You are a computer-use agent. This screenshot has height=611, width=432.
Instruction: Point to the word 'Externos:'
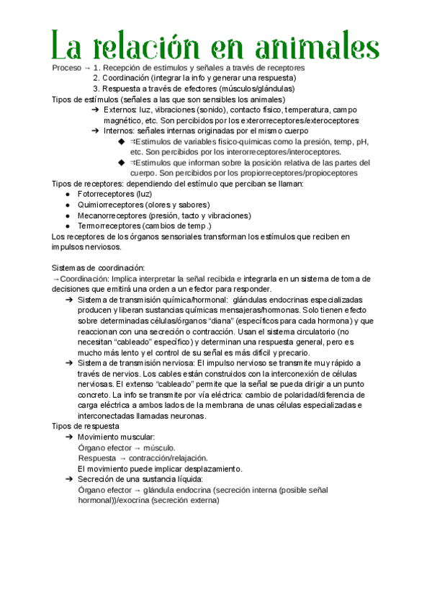(121, 110)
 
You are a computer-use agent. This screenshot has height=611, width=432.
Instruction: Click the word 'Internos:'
(120, 131)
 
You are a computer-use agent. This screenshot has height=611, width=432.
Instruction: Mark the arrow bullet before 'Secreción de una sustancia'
(68, 479)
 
